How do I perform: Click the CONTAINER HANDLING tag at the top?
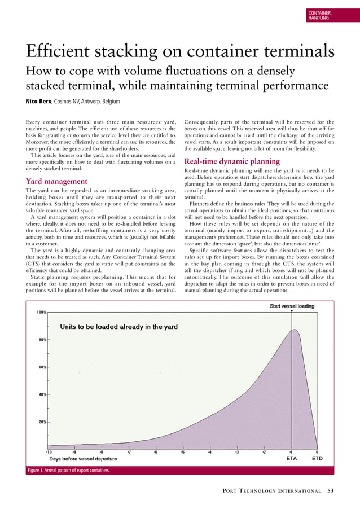[319, 15]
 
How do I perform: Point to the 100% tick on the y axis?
[41, 312]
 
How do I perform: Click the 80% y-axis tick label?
[41, 340]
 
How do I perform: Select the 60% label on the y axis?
[41, 367]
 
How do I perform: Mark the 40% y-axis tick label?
[41, 394]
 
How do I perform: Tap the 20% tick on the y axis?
[41, 422]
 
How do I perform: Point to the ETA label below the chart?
[291, 459]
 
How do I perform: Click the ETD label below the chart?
[318, 459]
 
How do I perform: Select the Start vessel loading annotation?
[292, 306]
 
